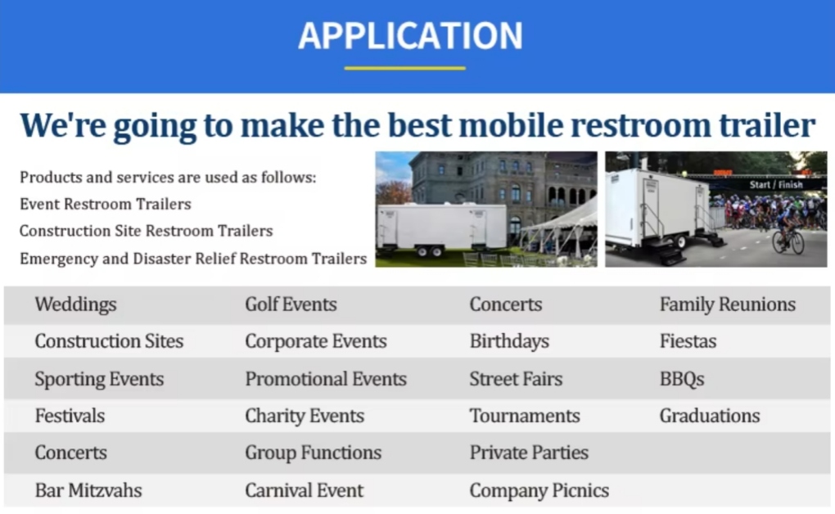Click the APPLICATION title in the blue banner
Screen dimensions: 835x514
[410, 36]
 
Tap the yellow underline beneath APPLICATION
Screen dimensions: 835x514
[404, 68]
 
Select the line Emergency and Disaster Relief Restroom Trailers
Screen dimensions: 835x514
[193, 259]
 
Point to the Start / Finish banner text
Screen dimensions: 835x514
[775, 184]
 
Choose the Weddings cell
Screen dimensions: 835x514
[75, 304]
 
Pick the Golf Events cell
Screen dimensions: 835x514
[291, 304]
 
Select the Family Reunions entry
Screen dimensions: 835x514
[728, 304]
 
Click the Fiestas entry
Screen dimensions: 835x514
[688, 340]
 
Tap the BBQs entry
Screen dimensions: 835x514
[682, 379]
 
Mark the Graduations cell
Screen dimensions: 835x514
[710, 416]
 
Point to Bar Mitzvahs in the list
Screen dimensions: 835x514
[88, 490]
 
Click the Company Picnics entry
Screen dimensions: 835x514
[539, 490]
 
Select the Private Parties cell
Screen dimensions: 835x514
[529, 453]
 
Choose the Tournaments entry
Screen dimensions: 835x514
[525, 416]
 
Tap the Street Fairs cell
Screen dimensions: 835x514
[516, 379]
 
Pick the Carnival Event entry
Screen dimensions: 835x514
[304, 490]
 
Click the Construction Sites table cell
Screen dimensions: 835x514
[109, 340]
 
